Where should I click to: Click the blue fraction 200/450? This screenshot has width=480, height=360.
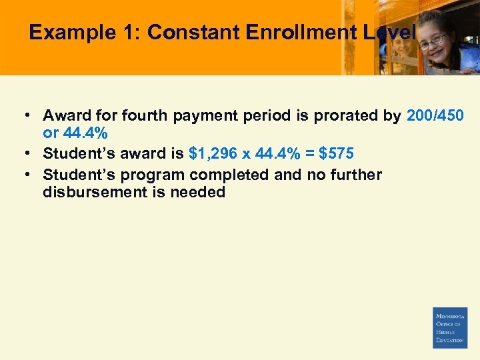tap(435, 116)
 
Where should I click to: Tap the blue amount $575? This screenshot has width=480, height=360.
tap(337, 154)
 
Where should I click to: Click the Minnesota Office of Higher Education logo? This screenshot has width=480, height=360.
tap(450, 328)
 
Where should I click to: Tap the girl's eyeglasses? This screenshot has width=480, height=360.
tap(433, 39)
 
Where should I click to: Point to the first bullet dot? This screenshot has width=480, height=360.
tap(30, 116)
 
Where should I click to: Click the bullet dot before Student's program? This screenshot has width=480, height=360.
tap(30, 175)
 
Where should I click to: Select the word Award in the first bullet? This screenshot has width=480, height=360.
tap(63, 116)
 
